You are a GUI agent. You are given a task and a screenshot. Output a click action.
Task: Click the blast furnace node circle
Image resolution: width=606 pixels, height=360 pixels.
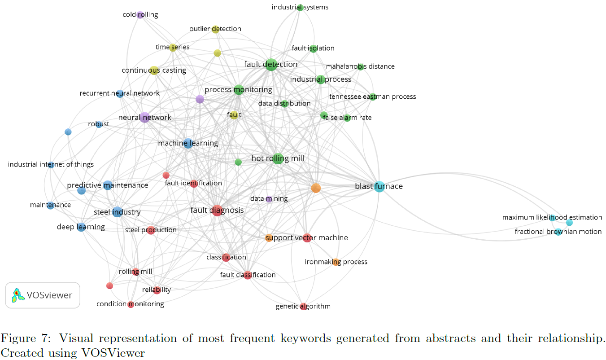coord(379,187)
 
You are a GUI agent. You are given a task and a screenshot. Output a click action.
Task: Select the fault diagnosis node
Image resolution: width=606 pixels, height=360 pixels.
coord(217,210)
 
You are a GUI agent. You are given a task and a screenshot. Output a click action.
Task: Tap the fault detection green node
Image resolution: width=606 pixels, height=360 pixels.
coord(270,65)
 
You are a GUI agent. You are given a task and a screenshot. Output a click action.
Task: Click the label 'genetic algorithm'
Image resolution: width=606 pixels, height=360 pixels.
coord(303,307)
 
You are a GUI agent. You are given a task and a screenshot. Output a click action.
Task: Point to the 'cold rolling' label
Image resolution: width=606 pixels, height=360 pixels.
coord(140,15)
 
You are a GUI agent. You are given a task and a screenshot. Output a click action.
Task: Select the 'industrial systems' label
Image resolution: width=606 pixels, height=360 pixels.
coord(300,7)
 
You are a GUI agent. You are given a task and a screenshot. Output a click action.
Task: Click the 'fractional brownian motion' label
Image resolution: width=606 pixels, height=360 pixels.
coord(558,232)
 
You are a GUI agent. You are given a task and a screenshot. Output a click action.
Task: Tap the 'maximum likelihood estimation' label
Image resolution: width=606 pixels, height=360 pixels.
coord(552,218)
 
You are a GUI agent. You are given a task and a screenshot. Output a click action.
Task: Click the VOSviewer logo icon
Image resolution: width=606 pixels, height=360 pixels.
coord(18,295)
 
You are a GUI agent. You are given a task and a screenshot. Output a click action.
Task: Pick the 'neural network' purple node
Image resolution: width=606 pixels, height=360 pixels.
coord(144,118)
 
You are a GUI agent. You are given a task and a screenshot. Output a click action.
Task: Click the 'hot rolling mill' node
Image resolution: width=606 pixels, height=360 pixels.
coord(278,158)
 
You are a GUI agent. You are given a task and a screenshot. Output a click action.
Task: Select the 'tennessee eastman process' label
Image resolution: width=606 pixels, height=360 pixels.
coord(372,97)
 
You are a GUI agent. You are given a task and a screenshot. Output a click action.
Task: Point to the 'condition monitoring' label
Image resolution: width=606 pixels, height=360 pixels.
coord(130,304)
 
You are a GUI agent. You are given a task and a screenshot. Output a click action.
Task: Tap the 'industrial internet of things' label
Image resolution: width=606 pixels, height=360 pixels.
coord(51,165)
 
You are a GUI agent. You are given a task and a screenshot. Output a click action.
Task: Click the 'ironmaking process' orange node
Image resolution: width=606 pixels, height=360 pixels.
coord(336,262)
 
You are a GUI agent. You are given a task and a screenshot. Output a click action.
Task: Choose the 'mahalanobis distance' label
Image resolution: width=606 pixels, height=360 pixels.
coord(360,66)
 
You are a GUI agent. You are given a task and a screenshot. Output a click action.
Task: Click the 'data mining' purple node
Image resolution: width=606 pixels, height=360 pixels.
coord(269,199)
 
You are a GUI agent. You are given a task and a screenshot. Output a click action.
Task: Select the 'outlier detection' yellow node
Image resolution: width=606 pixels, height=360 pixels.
coord(215,29)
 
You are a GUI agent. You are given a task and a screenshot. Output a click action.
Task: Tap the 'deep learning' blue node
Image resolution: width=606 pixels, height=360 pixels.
coord(81,227)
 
